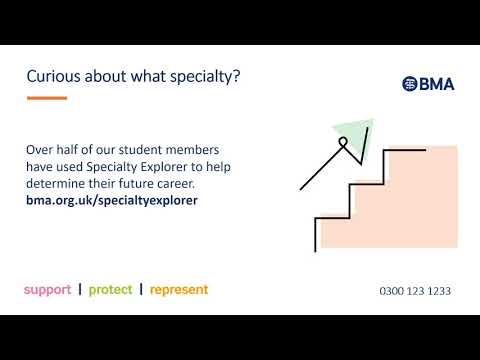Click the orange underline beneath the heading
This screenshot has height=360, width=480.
pyautogui.click(x=46, y=98)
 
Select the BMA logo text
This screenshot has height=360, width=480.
pyautogui.click(x=436, y=84)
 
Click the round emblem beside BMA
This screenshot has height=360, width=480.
pyautogui.click(x=409, y=84)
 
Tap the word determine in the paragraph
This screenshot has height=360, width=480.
pyautogui.click(x=59, y=183)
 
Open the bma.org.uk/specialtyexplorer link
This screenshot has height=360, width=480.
pyautogui.click(x=112, y=200)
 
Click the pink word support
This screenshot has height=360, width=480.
pyautogui.click(x=47, y=290)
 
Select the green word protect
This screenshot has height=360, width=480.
pyautogui.click(x=110, y=290)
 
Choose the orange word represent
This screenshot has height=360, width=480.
pyautogui.click(x=179, y=290)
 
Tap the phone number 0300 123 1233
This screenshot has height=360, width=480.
pyautogui.click(x=415, y=291)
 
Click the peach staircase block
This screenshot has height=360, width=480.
pyautogui.click(x=410, y=210)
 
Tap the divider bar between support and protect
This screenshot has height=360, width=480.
pyautogui.click(x=79, y=290)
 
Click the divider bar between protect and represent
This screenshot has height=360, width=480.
pyautogui.click(x=141, y=290)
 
